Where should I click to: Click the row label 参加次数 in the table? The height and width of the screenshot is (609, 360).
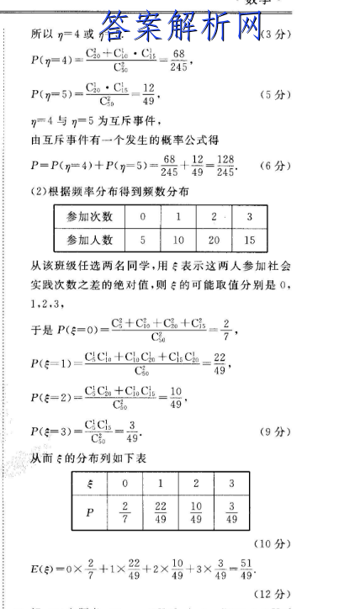[90, 217]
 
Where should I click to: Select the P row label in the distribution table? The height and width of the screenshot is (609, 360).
[90, 512]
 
